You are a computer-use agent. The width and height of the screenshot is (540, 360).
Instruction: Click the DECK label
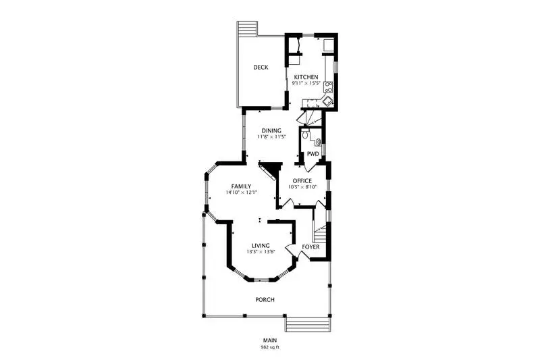pyautogui.click(x=261, y=67)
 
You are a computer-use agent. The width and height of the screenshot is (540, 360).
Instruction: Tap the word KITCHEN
pyautogui.click(x=306, y=77)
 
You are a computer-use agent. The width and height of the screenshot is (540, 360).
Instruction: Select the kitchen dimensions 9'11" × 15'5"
pyautogui.click(x=306, y=83)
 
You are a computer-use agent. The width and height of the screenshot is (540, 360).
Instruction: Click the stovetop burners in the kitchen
pyautogui.click(x=329, y=87)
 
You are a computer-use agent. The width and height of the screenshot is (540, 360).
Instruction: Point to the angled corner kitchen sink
pyautogui.click(x=327, y=101)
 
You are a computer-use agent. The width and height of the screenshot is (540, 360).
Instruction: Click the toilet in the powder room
pyautogui.click(x=305, y=134)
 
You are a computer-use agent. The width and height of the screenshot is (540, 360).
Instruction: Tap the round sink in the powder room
pyautogui.click(x=318, y=141)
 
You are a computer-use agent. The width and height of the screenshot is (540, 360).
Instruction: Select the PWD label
pyautogui.click(x=313, y=154)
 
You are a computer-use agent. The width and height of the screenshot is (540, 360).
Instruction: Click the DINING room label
pyautogui.click(x=271, y=130)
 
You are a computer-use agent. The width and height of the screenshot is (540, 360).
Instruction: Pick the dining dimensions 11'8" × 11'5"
pyautogui.click(x=272, y=136)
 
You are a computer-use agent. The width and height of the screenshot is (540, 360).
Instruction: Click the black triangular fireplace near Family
pyautogui.click(x=271, y=170)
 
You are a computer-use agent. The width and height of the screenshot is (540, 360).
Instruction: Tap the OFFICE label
pyautogui.click(x=302, y=181)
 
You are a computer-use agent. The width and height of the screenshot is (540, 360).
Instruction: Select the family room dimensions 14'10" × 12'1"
pyautogui.click(x=242, y=192)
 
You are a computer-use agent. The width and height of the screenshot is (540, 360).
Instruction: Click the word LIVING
pyautogui.click(x=261, y=246)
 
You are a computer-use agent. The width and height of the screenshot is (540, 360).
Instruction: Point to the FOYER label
pyautogui.click(x=310, y=247)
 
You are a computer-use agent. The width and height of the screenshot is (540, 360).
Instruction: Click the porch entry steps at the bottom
pyautogui.click(x=308, y=324)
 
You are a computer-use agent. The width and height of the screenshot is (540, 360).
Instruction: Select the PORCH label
pyautogui.click(x=265, y=300)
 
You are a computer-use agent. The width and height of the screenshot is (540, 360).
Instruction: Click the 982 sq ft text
pyautogui.click(x=270, y=347)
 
